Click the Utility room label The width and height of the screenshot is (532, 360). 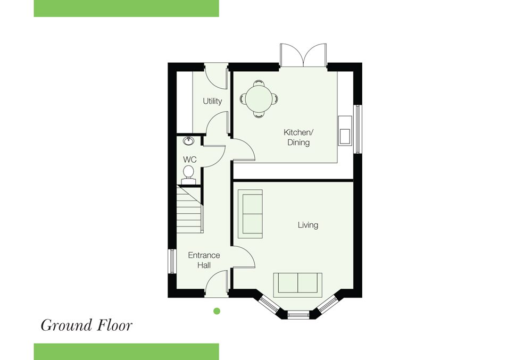212,101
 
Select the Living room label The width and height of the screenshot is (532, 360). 308,225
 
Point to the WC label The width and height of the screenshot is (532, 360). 190,160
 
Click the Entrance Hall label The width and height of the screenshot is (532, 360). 204,260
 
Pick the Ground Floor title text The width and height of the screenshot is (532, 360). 87,325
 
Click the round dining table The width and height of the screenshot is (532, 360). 259,99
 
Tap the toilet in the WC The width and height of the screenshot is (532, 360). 188,174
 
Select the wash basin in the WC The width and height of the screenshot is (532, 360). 189,141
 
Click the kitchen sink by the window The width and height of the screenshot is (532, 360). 345,130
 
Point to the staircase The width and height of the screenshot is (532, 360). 190,210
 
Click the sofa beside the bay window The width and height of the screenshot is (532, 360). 298,283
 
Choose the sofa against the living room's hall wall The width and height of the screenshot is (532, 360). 251,214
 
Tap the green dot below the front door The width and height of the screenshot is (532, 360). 217,311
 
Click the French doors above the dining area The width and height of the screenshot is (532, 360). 303,55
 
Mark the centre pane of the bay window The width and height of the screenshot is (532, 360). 298,315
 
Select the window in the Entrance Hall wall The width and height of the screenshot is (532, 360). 172,261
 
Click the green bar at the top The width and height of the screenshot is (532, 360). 126,9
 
